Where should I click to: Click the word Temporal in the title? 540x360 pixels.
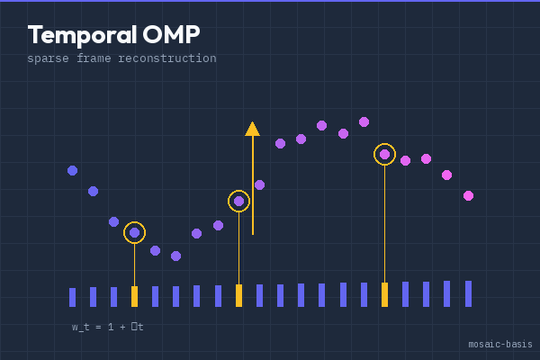point(81,35)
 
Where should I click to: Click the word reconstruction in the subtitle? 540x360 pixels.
point(167,58)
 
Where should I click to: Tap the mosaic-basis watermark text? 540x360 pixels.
point(499,345)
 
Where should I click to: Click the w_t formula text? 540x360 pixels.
point(107,328)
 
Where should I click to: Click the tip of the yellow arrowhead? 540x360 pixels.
point(253,122)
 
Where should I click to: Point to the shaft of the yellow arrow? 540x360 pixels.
point(253,189)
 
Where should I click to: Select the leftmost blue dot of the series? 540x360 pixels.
point(72,170)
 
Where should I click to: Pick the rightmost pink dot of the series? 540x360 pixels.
point(468,195)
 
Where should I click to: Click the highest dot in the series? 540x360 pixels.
point(364,121)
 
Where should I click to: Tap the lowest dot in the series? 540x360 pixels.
point(175,256)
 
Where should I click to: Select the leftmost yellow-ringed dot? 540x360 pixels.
point(134,232)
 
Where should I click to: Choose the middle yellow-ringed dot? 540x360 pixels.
point(238,201)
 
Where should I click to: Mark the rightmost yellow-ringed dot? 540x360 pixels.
point(384,154)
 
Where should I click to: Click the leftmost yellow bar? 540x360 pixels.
point(134,296)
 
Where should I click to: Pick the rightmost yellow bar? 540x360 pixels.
point(384,294)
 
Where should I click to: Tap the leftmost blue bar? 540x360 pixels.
point(72,297)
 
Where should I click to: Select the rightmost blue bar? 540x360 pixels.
point(468,293)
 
